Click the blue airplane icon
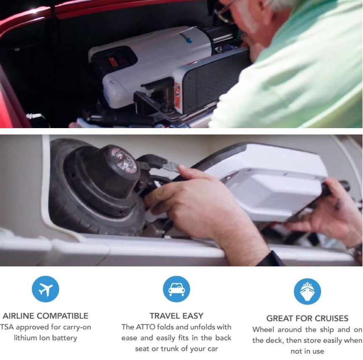(x=45, y=289)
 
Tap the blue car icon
(x=176, y=289)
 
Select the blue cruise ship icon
(x=307, y=291)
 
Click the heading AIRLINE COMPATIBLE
(x=45, y=316)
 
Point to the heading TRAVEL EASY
(x=176, y=316)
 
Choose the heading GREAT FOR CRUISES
(x=307, y=318)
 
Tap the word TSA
(x=7, y=327)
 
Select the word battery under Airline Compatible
(x=64, y=338)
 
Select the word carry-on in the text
(x=77, y=327)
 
